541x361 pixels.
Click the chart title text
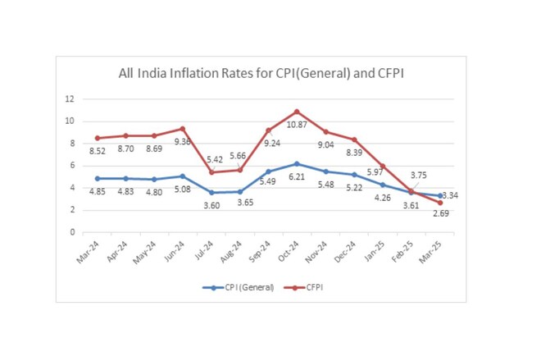pos(261,74)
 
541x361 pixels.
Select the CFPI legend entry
pos(303,287)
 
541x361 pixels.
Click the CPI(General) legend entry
pos(238,287)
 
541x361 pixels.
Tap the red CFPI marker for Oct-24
pos(297,112)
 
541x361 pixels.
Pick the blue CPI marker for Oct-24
pos(297,163)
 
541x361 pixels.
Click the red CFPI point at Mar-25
pos(440,203)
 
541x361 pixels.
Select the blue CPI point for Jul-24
pos(211,193)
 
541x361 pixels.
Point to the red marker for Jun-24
pos(183,129)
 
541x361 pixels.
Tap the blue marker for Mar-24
pos(98,179)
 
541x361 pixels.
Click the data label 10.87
pos(297,125)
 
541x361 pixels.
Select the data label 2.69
pos(441,213)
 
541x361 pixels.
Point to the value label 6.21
pos(297,177)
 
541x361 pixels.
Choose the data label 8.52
pos(98,151)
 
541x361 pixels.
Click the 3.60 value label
pos(211,206)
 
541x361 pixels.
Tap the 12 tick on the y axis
pos(70,99)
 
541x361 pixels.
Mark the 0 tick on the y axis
pos(72,232)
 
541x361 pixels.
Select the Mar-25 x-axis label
pos(430,252)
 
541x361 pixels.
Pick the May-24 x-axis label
pos(144,253)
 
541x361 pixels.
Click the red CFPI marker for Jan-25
pos(383,167)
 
